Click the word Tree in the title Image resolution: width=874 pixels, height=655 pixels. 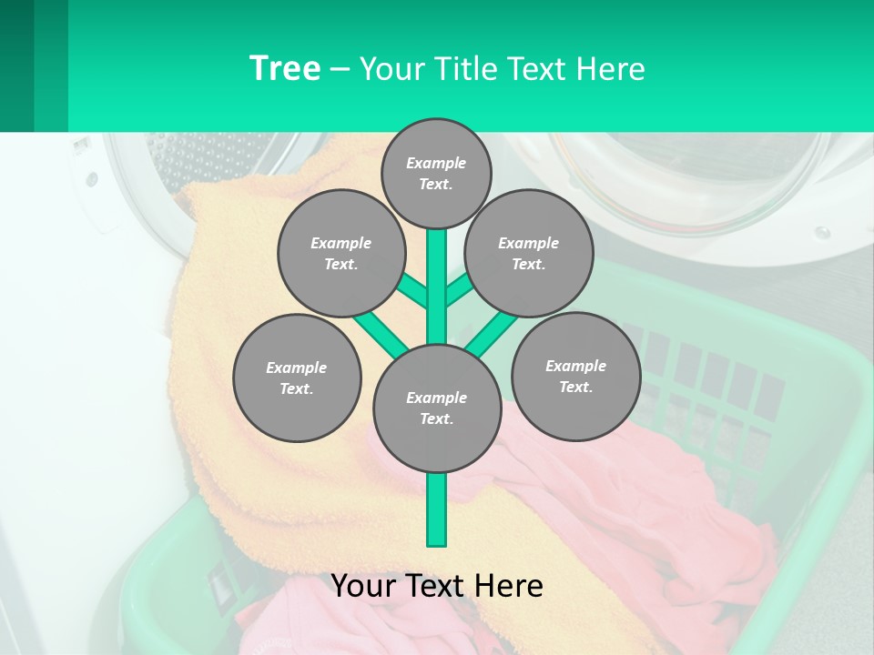pos(285,69)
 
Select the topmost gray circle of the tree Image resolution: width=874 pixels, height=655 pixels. pos(436,173)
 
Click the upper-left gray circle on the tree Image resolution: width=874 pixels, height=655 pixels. pos(340,253)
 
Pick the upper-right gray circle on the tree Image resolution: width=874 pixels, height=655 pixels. pos(528,253)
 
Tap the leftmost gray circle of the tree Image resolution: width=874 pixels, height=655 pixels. pos(296,378)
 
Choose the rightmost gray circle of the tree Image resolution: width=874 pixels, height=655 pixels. pos(575,376)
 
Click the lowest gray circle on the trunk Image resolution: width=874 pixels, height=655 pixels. pos(436,408)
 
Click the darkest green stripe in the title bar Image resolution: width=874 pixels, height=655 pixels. pos(16,65)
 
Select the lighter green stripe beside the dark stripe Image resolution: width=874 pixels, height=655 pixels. pos(51,65)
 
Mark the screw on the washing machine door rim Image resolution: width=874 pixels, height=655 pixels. pos(822,232)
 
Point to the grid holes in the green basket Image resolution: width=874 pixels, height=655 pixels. pos(710,382)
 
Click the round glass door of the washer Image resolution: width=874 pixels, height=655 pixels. pos(692,182)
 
